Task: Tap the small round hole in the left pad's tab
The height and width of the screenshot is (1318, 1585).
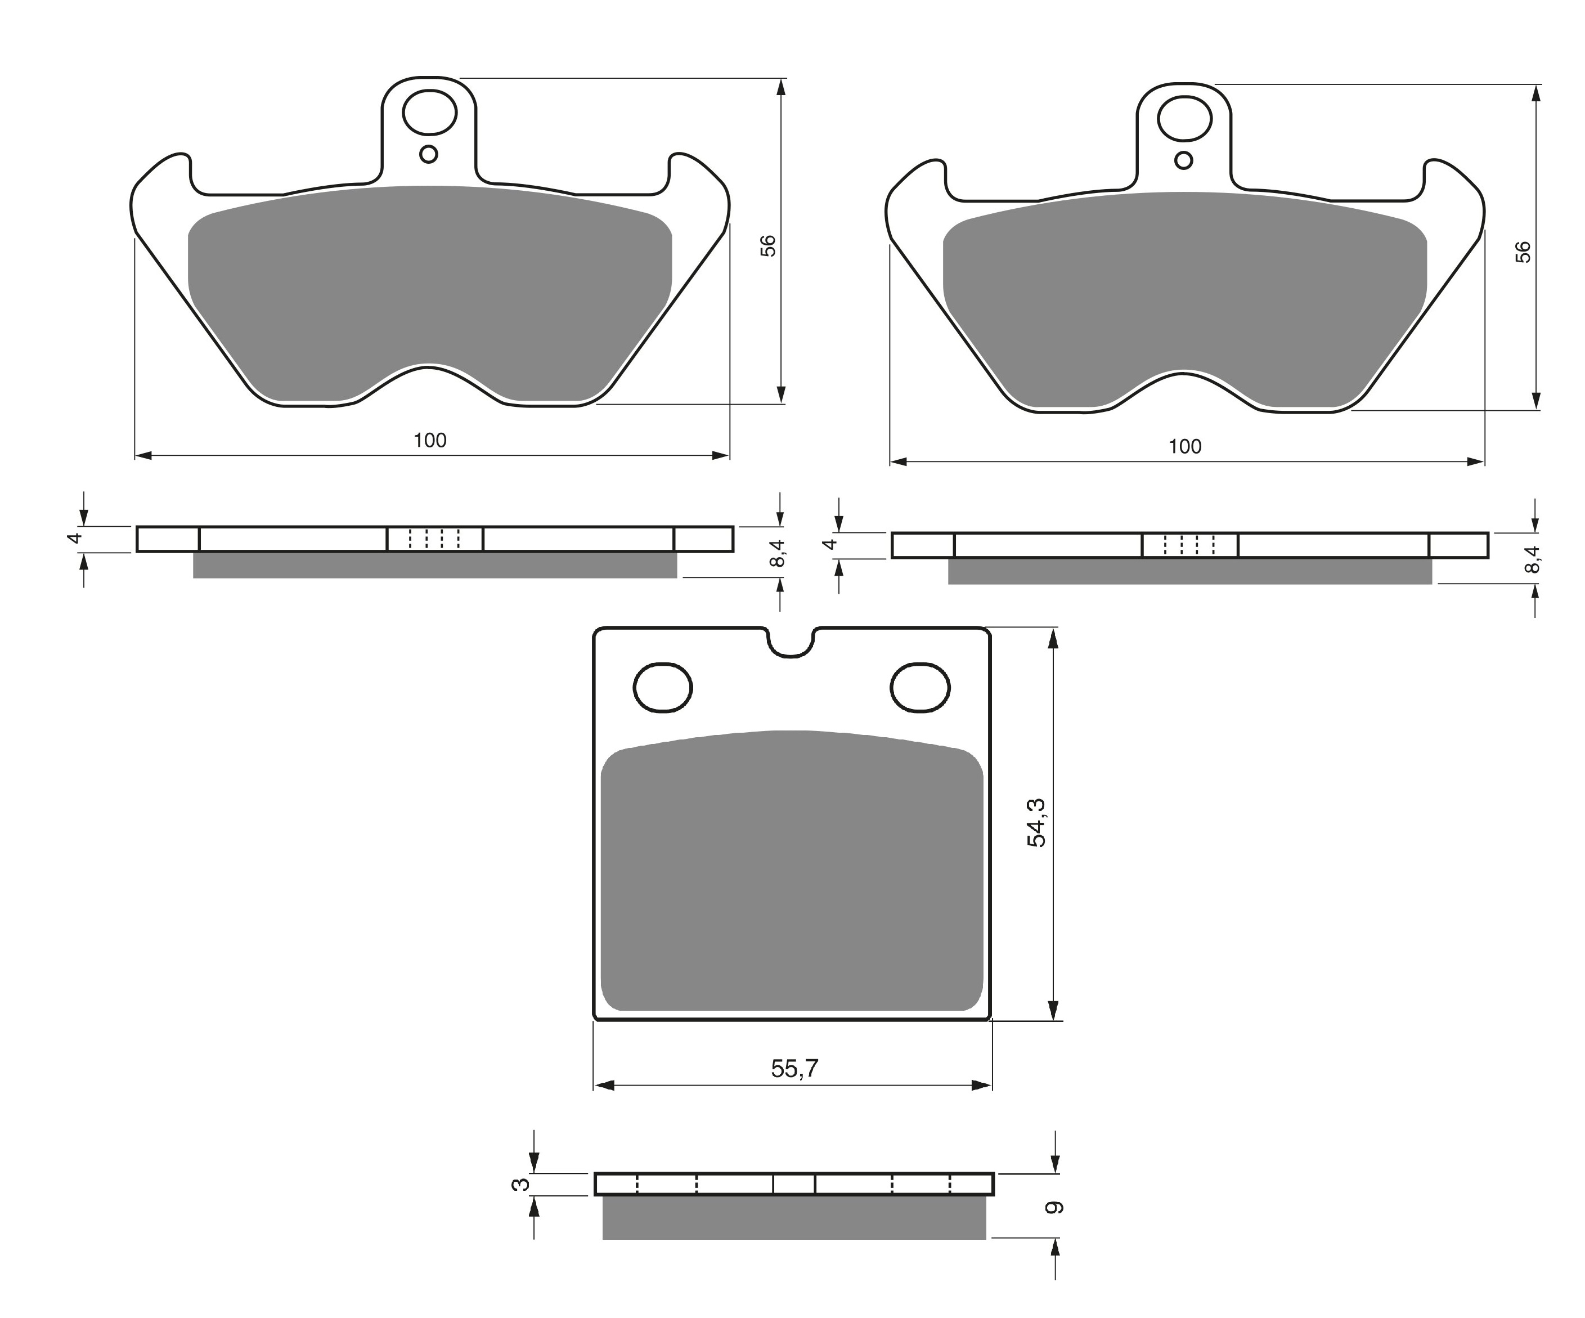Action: coord(429,155)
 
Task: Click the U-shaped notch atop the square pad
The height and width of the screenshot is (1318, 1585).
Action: coord(792,643)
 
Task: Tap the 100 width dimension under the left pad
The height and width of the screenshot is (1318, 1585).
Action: coord(430,440)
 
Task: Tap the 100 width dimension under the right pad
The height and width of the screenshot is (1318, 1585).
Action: coord(1185,446)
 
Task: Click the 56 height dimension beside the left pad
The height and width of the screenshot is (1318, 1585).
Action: coord(767,246)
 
